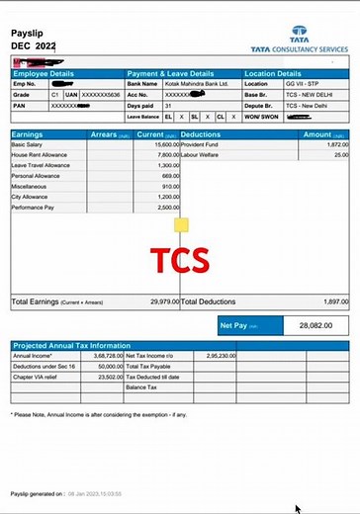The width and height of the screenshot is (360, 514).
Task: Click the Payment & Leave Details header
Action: point(171,73)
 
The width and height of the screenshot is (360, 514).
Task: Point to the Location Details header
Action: point(273,73)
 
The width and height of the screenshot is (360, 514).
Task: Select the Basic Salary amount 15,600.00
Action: point(163,144)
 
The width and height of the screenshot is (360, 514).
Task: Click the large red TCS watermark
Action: point(179,260)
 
